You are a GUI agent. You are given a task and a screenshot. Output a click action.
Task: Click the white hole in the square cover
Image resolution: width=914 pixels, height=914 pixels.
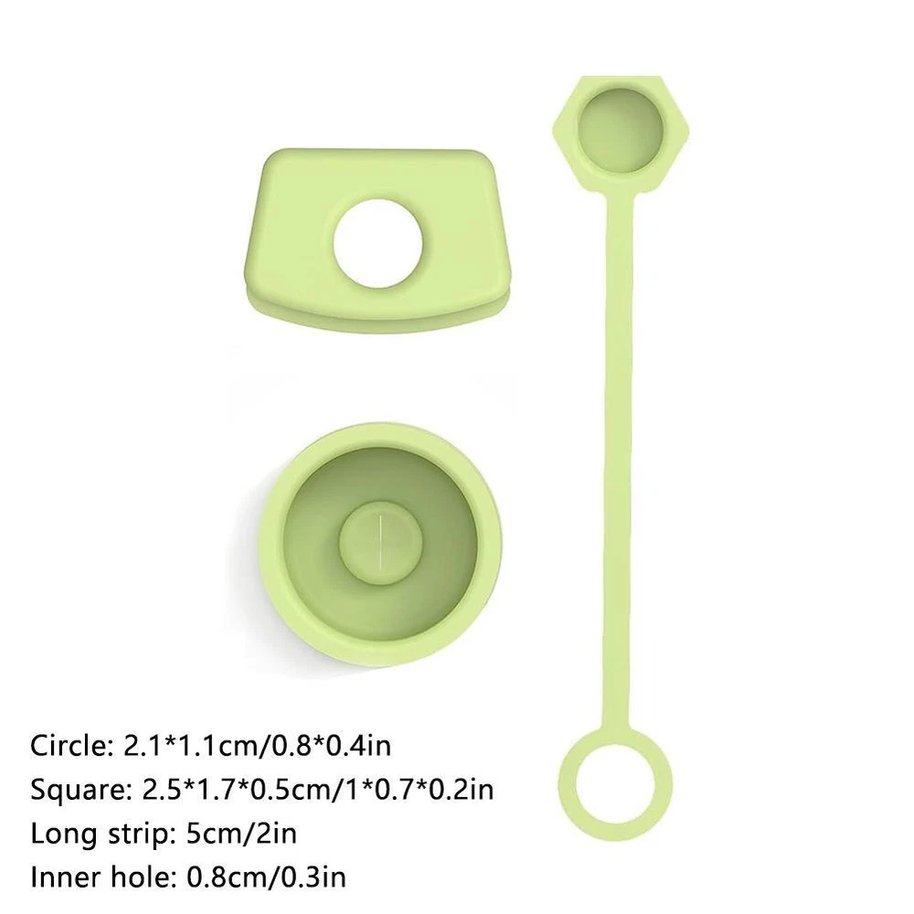click(378, 244)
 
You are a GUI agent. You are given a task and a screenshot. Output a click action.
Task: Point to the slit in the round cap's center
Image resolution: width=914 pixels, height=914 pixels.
click(379, 541)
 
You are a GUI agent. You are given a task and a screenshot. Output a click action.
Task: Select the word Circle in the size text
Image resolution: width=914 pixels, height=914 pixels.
click(71, 746)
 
